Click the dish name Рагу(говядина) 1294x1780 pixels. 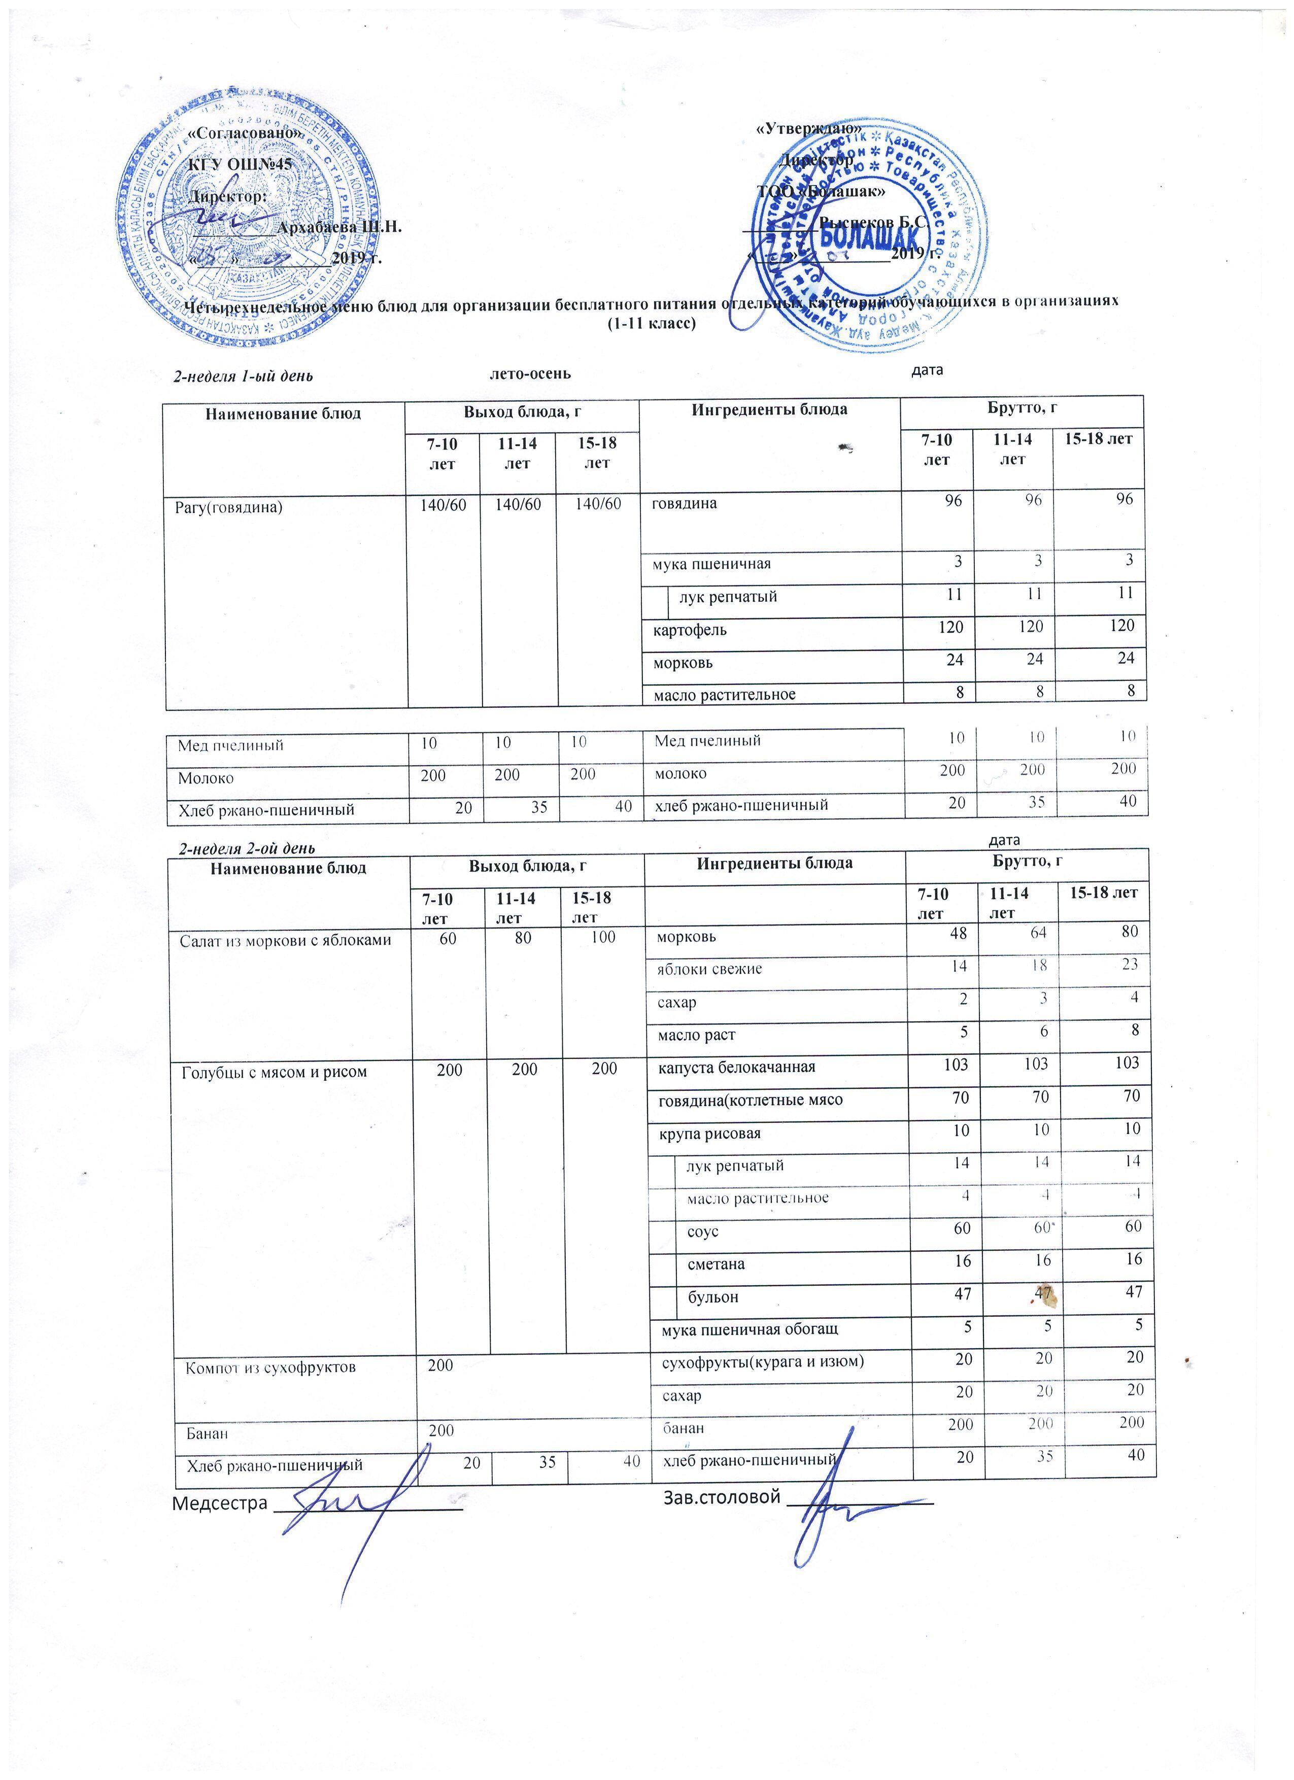[227, 507]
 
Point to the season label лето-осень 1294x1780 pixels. [530, 373]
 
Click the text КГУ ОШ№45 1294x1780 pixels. [240, 165]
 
